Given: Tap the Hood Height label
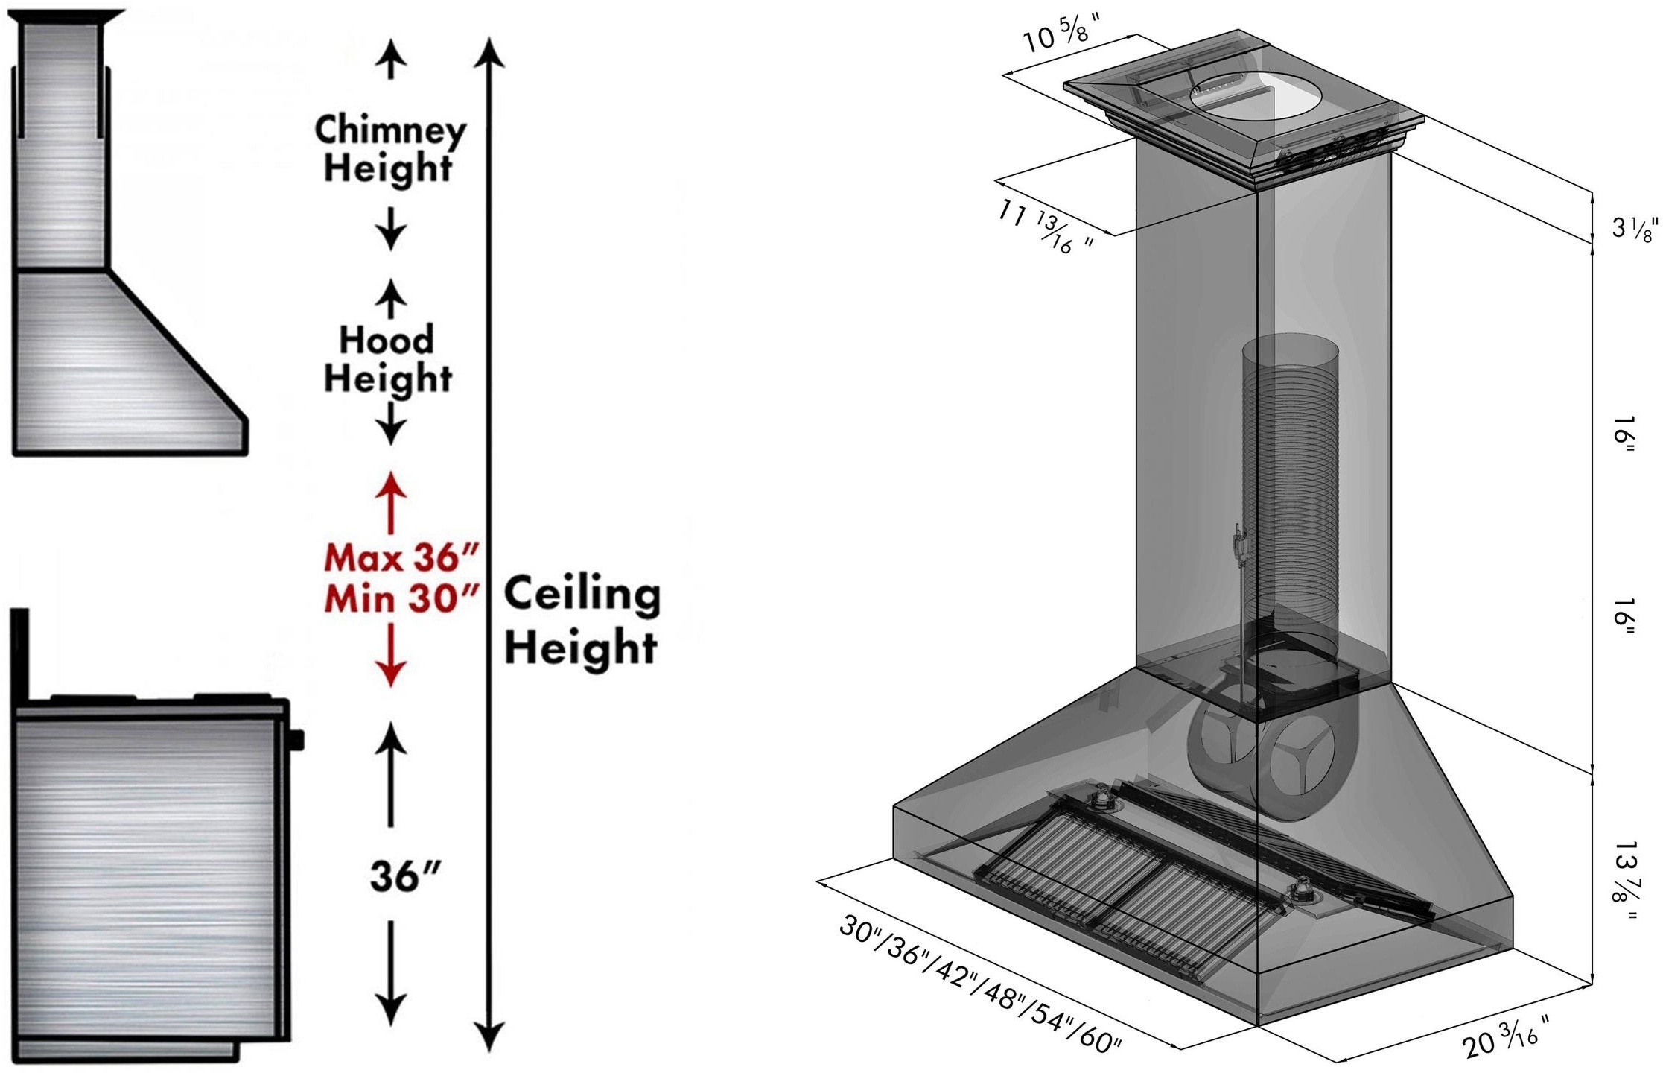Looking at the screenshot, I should pos(387,359).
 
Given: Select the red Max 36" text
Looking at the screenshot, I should pos(401,557).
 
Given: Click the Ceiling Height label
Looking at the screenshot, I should pos(582,620).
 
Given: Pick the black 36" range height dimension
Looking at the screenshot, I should pos(405,876).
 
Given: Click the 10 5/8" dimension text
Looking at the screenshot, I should pos(1062,36).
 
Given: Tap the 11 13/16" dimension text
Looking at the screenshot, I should pos(1047,227).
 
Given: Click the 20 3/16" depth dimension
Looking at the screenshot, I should pos(1506,1036).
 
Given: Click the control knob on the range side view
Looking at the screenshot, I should pos(296,740).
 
